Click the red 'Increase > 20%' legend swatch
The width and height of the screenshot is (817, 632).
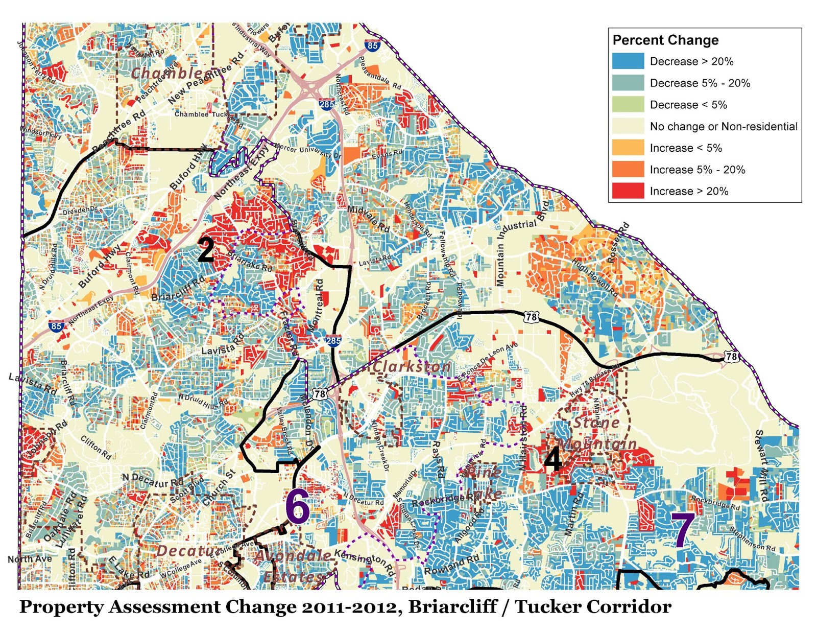(x=628, y=191)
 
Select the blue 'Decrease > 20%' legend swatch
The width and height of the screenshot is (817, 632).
(x=628, y=61)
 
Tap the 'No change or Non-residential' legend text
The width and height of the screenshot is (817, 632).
(x=723, y=126)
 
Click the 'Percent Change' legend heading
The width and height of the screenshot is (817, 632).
(x=665, y=40)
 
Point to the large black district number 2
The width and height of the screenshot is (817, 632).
(x=206, y=250)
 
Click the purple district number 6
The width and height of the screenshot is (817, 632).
(x=297, y=506)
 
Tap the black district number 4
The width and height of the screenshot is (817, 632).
(x=553, y=459)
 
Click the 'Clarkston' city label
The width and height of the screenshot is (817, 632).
(x=411, y=366)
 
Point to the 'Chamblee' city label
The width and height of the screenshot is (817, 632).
(x=166, y=73)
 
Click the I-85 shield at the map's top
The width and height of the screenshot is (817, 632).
(x=372, y=45)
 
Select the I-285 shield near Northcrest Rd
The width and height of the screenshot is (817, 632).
(x=327, y=104)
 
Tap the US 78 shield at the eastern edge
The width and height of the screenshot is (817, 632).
(x=731, y=356)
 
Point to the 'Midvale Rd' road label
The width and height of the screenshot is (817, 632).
(x=368, y=218)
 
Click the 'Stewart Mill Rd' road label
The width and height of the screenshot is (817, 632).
(x=761, y=465)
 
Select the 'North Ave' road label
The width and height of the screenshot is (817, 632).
(x=29, y=559)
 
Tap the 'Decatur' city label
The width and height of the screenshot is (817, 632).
(x=183, y=550)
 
